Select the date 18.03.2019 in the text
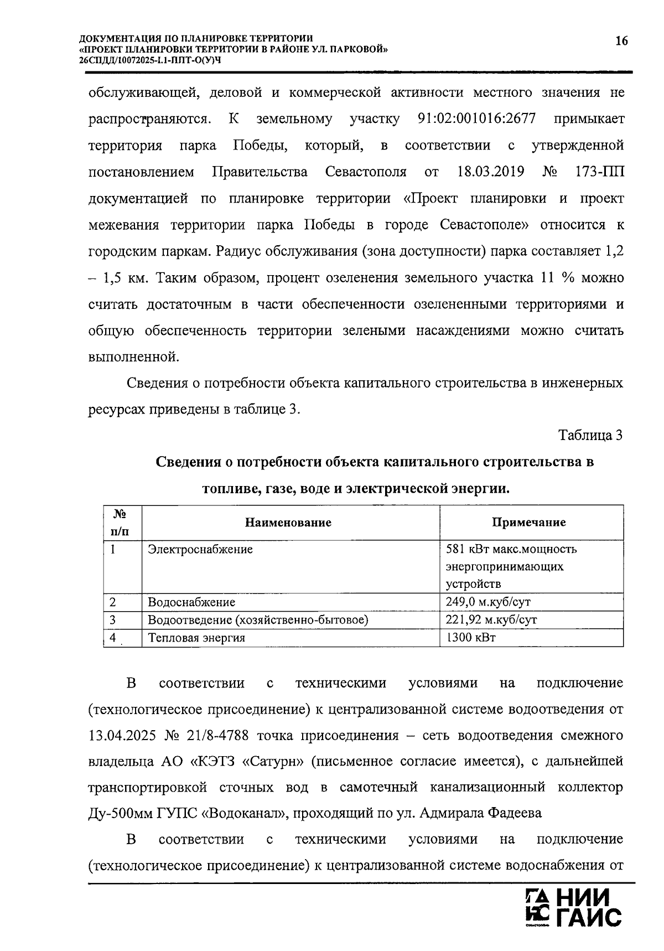(x=491, y=172)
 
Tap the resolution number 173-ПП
(x=600, y=172)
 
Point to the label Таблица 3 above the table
(x=590, y=435)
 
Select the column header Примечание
(x=529, y=523)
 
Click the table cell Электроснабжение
(x=200, y=550)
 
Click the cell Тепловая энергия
(x=196, y=638)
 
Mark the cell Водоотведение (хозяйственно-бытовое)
(x=258, y=619)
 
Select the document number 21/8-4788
(x=214, y=736)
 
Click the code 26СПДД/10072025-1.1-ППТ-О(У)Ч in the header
(x=150, y=60)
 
